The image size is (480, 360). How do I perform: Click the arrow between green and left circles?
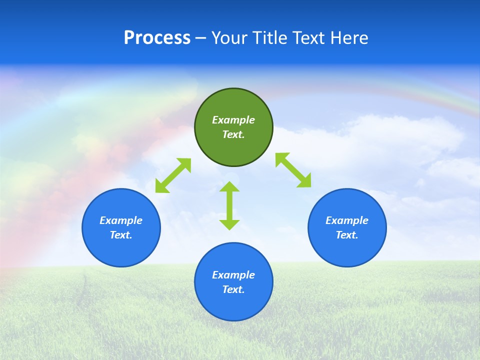click(173, 175)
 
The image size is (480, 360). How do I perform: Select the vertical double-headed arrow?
click(229, 205)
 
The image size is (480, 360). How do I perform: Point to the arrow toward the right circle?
click(293, 170)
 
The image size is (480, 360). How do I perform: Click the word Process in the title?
click(157, 38)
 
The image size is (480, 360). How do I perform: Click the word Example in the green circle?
click(233, 120)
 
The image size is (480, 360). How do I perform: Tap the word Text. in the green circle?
click(233, 134)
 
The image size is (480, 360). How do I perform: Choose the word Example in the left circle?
click(121, 220)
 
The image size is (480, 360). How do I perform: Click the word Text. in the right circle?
click(347, 235)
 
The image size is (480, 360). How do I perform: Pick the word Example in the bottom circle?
click(233, 275)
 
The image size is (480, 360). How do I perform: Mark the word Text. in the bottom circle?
click(233, 289)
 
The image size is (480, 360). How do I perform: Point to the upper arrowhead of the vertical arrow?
click(229, 187)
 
